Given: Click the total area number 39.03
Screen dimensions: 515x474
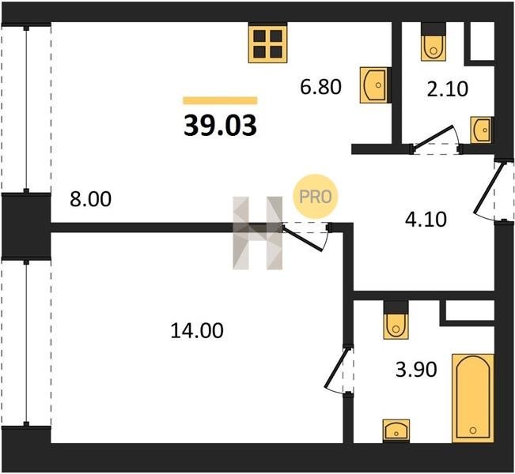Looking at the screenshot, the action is pos(220,126).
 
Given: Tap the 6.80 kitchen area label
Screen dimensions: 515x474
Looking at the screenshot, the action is pos(321,87).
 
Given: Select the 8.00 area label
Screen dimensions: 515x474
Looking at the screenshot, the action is pos(91,199).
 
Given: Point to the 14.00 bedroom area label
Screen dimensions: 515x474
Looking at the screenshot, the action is pos(197,330).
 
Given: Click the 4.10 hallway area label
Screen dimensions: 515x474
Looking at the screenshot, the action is pos(426,220).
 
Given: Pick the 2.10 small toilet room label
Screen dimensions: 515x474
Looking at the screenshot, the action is pos(447,89).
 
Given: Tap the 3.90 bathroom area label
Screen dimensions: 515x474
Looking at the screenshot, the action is pos(416,370).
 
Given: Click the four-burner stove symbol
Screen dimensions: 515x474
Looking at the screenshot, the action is pos(268,43).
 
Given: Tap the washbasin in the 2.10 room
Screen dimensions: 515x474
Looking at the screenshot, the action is pos(481,130).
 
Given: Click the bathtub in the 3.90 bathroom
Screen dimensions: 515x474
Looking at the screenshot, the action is pos(473,398).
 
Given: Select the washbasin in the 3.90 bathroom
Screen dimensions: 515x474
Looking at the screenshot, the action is pos(396,431).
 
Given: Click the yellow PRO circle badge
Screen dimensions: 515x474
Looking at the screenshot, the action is pos(316,197).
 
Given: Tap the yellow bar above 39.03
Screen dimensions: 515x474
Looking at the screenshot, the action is pos(220,100).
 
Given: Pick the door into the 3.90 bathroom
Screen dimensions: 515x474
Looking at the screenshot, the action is pos(336,368).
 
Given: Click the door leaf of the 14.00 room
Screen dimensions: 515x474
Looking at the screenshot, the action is pos(302,238).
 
